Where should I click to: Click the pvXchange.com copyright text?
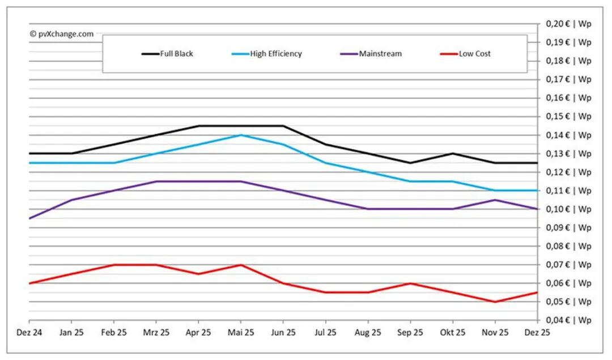(62, 34)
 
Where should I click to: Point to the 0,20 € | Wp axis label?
(568, 24)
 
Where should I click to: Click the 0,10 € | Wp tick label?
(568, 209)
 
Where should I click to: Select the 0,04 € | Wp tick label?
(568, 320)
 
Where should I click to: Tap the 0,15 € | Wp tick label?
(568, 116)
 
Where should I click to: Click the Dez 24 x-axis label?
(29, 332)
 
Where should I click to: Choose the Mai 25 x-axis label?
(241, 332)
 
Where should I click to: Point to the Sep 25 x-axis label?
(410, 332)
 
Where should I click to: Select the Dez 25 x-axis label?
(537, 332)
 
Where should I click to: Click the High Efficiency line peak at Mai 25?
(241, 135)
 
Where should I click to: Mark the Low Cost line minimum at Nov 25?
(495, 302)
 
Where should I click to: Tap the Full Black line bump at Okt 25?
(453, 154)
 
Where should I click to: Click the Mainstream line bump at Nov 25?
(495, 200)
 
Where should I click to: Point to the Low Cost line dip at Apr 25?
(198, 274)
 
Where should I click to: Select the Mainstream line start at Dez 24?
(29, 218)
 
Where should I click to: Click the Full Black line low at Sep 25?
(410, 163)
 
